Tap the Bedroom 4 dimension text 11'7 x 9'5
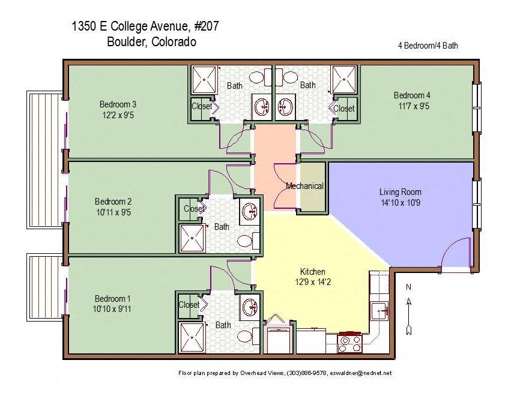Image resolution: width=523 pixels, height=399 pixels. pos(412,106)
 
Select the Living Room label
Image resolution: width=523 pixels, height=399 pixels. pos(400,192)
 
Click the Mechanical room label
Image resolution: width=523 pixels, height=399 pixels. pos(304,186)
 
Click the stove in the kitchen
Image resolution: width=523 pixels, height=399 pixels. pos(350,343)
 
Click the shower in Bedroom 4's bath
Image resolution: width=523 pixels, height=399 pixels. pos(345,79)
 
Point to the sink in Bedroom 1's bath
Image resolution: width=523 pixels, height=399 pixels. pos(248,306)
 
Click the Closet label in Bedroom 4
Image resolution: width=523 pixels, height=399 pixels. pos(344,109)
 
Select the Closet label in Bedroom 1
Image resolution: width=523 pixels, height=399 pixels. pos(189,305)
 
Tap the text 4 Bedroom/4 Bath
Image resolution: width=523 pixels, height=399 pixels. pos(428,46)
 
